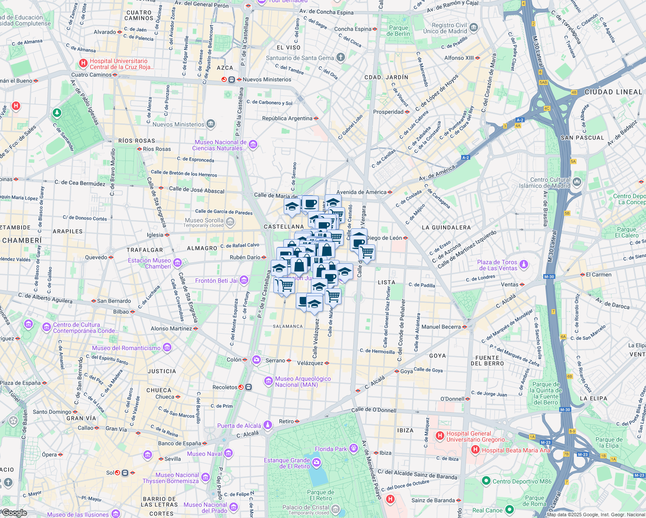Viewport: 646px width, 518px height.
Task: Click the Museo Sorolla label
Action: pos(204,221)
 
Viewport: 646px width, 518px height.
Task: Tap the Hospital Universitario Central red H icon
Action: pos(83,64)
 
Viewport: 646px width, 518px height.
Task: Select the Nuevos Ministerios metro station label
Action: pos(267,79)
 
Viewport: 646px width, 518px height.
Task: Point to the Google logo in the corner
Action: pos(14,513)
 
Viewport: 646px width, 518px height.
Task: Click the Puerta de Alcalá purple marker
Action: pos(268,425)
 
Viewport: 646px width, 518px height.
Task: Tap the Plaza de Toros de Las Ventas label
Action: pos(497,265)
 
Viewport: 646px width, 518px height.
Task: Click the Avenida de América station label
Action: pos(361,192)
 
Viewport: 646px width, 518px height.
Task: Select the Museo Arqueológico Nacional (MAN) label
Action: pos(303,382)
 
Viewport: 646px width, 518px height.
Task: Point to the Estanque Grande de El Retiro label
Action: pos(287,463)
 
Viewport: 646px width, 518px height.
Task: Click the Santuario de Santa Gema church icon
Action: pos(341,57)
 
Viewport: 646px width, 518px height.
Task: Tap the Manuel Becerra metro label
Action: pos(441,327)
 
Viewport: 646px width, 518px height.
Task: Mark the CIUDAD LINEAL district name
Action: pos(613,92)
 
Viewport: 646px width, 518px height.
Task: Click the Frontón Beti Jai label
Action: pos(216,281)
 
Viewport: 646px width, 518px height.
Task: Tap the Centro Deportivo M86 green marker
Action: pos(486,481)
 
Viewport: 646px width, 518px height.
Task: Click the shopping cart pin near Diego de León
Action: pos(367,252)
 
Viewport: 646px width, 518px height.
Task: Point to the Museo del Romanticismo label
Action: pos(126,348)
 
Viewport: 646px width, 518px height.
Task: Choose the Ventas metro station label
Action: pos(510,284)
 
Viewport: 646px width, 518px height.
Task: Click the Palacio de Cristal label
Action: pos(306,507)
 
